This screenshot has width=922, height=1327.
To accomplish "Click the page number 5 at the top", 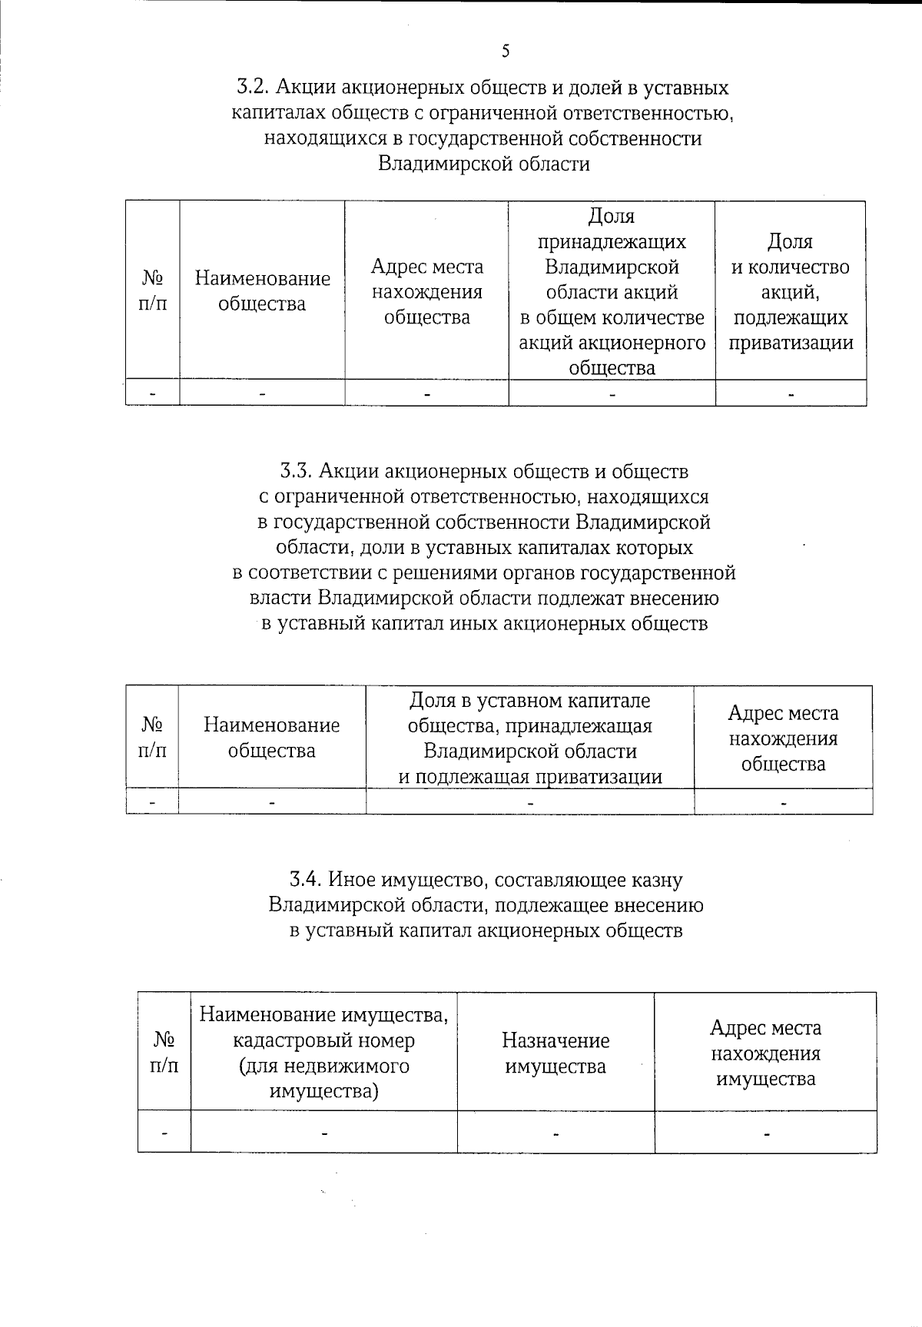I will [505, 51].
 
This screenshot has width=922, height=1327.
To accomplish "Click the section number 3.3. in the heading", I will [296, 471].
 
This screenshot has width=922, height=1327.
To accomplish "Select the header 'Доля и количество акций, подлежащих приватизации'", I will [791, 292].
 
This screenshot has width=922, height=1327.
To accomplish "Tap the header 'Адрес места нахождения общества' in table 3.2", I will [427, 292].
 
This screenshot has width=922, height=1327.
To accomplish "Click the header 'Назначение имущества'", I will [556, 1053].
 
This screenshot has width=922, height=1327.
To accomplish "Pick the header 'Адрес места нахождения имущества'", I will [765, 1053].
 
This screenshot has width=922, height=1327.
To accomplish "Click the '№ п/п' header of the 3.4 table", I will [164, 1053].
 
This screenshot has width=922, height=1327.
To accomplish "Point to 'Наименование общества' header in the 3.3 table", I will [271, 738].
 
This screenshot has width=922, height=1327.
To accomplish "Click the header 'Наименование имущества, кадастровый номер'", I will [323, 1053].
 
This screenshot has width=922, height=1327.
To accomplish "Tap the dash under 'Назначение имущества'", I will [556, 1133].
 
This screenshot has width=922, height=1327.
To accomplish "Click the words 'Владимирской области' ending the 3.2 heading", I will [484, 164].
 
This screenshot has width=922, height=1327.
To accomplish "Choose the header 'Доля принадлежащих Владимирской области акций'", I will [612, 292].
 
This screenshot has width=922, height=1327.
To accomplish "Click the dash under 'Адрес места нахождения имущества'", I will [765, 1133].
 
